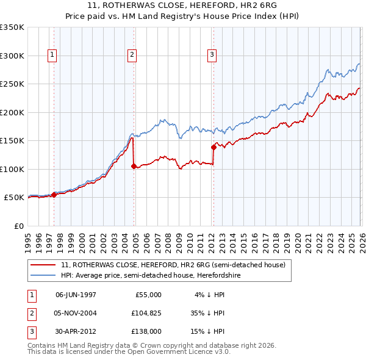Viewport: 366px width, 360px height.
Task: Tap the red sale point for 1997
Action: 54,195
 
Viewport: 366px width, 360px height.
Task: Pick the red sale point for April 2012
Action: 214,147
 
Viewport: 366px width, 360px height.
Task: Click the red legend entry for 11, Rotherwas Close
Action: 173,265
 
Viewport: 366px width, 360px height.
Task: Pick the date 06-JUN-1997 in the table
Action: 76,294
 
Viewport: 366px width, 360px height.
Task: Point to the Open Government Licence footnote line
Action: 129,352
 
